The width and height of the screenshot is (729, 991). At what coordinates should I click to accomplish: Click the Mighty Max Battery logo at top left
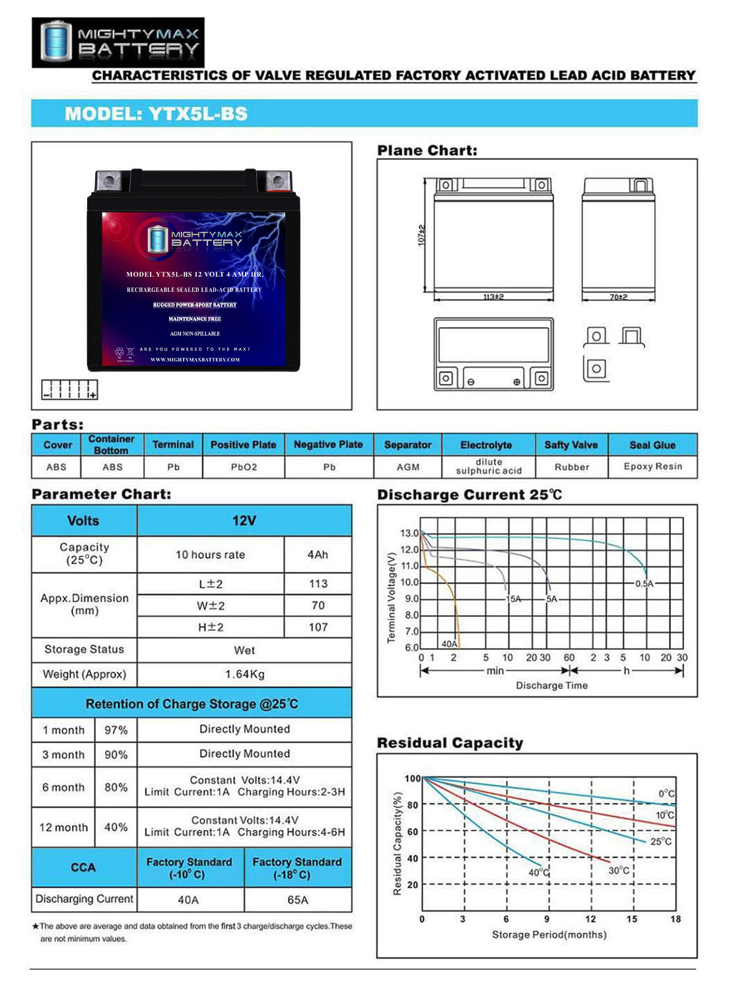[x=118, y=42]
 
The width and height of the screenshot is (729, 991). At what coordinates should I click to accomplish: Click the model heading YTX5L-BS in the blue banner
[x=156, y=114]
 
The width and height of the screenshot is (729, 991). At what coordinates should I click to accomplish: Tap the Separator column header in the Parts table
[x=407, y=445]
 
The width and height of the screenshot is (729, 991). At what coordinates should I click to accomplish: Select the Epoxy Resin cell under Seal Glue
[x=652, y=466]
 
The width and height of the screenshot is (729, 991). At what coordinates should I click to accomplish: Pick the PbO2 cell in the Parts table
[x=244, y=467]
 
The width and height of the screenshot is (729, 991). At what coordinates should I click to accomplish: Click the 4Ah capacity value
[x=318, y=555]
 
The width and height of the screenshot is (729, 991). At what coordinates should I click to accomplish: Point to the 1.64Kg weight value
[x=244, y=675]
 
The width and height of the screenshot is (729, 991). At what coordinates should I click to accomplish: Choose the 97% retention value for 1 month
[x=116, y=730]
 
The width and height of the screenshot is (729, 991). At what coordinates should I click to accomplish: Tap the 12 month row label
[x=63, y=827]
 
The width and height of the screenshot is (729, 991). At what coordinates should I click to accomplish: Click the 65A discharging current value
[x=297, y=900]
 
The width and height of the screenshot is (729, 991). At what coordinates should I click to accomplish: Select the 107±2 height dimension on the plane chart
[x=422, y=235]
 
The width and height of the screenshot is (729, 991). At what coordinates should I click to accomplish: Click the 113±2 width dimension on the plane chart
[x=493, y=297]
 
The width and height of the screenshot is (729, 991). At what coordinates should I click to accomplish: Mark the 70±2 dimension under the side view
[x=618, y=297]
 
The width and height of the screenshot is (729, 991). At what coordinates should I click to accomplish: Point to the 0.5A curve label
[x=644, y=584]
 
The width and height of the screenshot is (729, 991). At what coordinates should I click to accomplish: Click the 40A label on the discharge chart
[x=449, y=643]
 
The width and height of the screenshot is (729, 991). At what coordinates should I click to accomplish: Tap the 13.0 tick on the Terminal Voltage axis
[x=409, y=533]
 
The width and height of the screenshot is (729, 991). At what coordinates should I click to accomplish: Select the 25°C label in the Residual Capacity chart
[x=661, y=842]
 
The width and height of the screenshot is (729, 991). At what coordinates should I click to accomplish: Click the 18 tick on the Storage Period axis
[x=676, y=919]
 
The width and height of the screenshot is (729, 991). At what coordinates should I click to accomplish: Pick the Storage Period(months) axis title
[x=549, y=935]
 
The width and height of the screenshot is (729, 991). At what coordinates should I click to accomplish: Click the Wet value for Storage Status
[x=244, y=651]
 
